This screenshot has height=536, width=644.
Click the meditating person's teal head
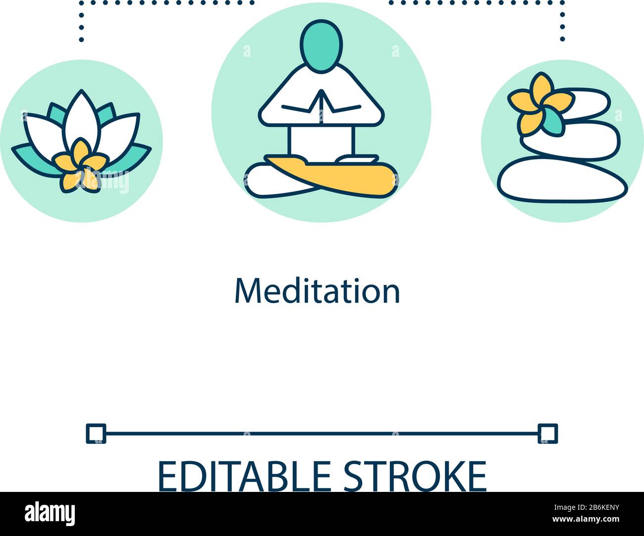322,46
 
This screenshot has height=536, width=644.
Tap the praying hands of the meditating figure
322,104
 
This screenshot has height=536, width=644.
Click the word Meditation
318,291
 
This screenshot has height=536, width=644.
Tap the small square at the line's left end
96,433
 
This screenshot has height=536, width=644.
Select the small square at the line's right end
548,433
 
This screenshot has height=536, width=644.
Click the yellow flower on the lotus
80,165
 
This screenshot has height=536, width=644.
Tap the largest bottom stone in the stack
562,180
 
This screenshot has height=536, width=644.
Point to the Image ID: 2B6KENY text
587,507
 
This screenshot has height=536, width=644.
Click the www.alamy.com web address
586,519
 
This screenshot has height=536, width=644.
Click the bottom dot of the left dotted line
81,40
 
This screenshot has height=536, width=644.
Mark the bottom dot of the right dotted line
562,39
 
